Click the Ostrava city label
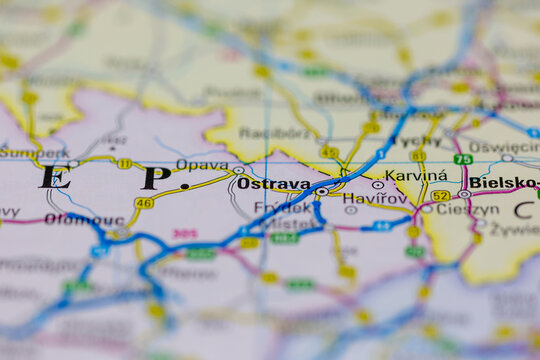tap(272, 184)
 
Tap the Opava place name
tap(202, 164)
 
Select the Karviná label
tap(415, 175)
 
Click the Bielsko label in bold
tap(503, 183)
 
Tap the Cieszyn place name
tap(466, 210)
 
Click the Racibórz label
tap(271, 132)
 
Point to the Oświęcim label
tap(503, 146)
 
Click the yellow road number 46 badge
tap(144, 203)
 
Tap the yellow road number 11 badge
tap(124, 163)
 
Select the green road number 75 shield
tap(463, 159)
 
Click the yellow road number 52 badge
tap(440, 196)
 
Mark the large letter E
tap(54, 178)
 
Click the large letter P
tap(156, 178)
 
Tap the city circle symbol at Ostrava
tap(322, 191)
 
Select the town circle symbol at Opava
tap(238, 170)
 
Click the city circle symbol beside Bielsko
tap(465, 194)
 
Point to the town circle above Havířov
tap(377, 185)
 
